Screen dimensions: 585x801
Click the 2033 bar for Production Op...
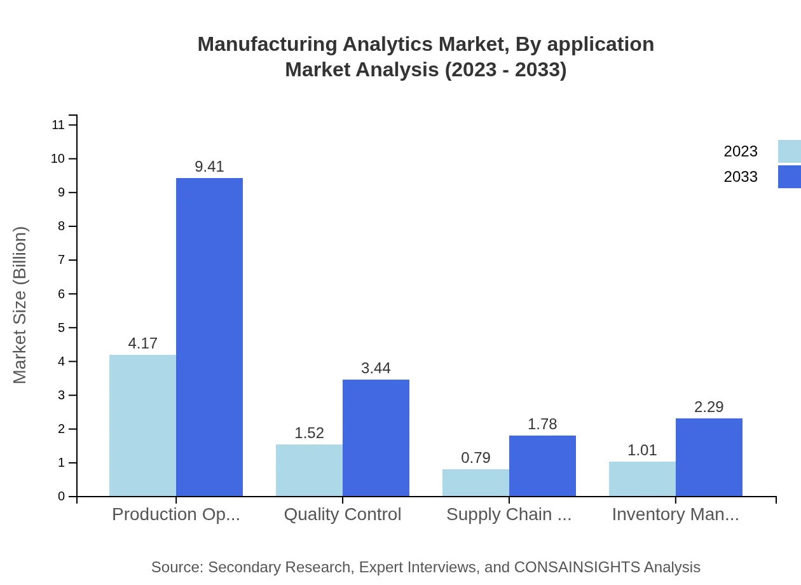point(209,337)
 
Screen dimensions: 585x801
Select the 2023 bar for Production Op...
point(142,425)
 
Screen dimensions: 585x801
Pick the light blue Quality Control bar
point(309,470)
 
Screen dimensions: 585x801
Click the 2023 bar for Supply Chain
point(476,483)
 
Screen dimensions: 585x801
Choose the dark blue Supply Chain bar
point(542,465)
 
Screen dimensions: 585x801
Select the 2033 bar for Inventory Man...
point(709,457)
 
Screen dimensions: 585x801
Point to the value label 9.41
point(209,167)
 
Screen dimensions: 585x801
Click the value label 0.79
point(476,458)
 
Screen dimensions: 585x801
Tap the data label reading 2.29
point(709,407)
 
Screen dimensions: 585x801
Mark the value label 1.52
point(309,433)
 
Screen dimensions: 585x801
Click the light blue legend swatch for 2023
point(789,151)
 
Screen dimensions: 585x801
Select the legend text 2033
point(741,177)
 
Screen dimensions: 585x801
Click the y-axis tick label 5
point(61,327)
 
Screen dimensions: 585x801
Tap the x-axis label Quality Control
point(342,514)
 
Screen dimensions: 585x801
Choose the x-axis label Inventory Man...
point(675,514)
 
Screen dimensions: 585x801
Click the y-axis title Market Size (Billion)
point(20,305)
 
